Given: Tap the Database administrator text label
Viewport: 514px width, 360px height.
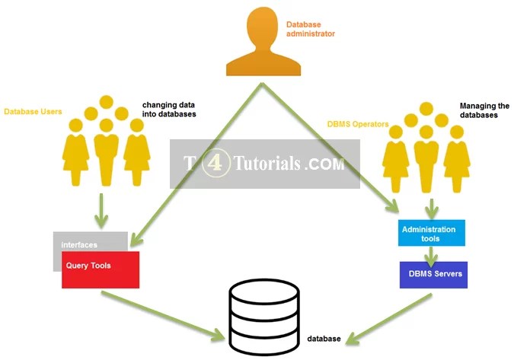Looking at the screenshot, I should pos(310,29).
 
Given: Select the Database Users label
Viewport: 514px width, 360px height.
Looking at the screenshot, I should pos(33,112).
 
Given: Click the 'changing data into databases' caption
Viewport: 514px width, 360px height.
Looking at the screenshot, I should pos(168,109).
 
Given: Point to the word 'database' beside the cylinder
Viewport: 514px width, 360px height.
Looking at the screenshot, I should pos(324,338).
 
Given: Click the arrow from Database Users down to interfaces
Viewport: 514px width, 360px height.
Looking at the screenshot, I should pos(101,209).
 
